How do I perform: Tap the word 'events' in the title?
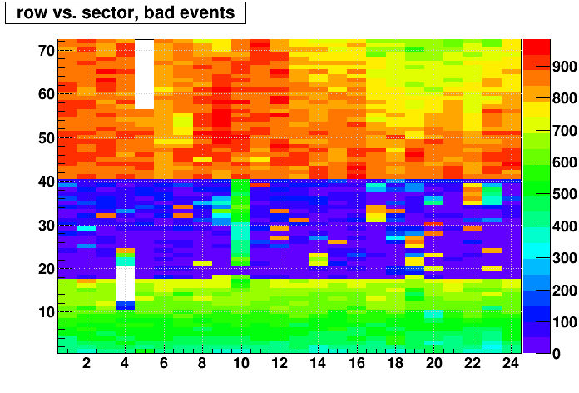tap(207, 12)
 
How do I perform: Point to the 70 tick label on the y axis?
tap(47, 51)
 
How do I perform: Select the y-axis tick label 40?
tap(47, 182)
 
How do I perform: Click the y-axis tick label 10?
tap(47, 312)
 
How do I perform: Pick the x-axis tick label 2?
tap(87, 363)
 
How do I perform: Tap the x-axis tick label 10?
tap(241, 363)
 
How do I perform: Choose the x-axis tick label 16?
tap(357, 363)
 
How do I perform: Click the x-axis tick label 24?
tap(512, 363)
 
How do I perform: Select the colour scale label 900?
tap(565, 67)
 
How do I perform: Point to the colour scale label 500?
tap(565, 194)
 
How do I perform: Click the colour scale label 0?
tap(557, 354)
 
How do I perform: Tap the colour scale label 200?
tap(565, 291)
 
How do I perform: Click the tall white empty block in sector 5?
tap(145, 74)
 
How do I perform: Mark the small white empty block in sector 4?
tap(125, 283)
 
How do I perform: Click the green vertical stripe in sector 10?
tap(240, 222)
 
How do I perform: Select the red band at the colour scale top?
tap(537, 47)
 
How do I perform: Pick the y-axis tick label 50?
tap(47, 138)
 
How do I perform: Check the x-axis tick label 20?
tap(434, 363)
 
